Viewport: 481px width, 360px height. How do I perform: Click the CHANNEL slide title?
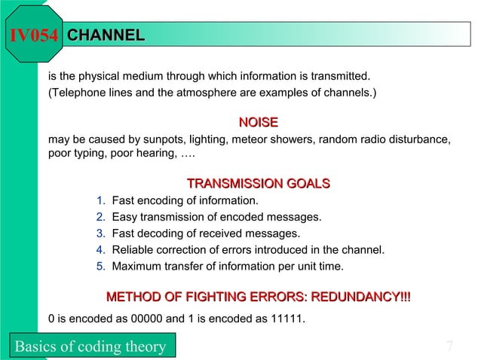tap(106, 35)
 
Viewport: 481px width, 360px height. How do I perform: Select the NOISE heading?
tap(258, 122)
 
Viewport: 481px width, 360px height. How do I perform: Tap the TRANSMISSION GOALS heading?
tap(258, 184)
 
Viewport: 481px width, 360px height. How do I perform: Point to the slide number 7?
tap(449, 346)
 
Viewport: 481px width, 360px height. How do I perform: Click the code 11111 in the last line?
tap(283, 319)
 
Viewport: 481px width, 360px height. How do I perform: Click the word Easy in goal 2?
tap(124, 218)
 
